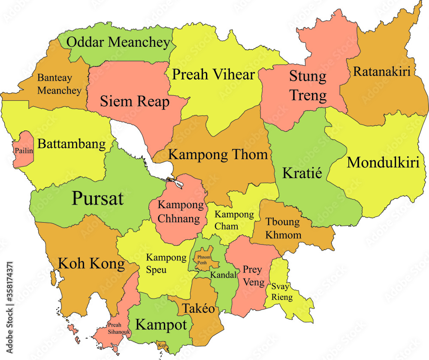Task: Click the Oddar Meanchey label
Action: pyautogui.click(x=116, y=42)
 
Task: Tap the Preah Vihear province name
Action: pyautogui.click(x=213, y=74)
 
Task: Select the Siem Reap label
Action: pyautogui.click(x=135, y=102)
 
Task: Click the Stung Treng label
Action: pyautogui.click(x=308, y=86)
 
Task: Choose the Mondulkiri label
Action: pyautogui.click(x=383, y=163)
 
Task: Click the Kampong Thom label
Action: pyautogui.click(x=218, y=154)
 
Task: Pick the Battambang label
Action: pyautogui.click(x=72, y=144)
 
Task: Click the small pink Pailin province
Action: pyautogui.click(x=24, y=150)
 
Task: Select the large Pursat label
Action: pyautogui.click(x=97, y=198)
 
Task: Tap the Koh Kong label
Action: pyautogui.click(x=91, y=263)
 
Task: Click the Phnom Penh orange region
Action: pyautogui.click(x=204, y=259)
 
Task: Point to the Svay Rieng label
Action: pyautogui.click(x=282, y=292)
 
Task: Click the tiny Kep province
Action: pyautogui.click(x=162, y=345)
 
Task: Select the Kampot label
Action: pyautogui.click(x=161, y=324)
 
